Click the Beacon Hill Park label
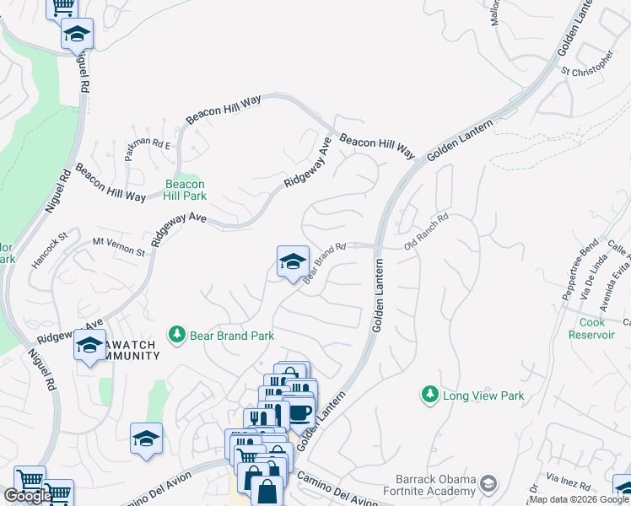click(185, 190)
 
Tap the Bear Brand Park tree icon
click(177, 335)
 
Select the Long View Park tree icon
click(430, 395)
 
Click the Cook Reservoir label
click(597, 328)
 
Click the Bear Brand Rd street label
click(326, 264)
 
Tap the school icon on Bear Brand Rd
click(293, 261)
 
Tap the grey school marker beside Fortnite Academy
click(488, 483)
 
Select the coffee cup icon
click(301, 412)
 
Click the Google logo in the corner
click(28, 496)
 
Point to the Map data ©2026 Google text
click(579, 499)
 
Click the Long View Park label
click(483, 396)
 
